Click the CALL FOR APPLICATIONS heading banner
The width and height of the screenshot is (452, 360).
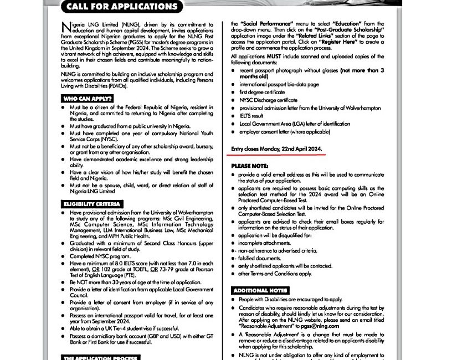[122, 7]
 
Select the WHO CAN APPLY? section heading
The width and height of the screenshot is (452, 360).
[88, 98]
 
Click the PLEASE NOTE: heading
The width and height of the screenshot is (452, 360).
[250, 166]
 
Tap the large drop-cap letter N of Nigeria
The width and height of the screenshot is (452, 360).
[66, 27]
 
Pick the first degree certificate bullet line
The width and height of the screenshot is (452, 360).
[262, 92]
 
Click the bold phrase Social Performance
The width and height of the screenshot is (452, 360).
[260, 24]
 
